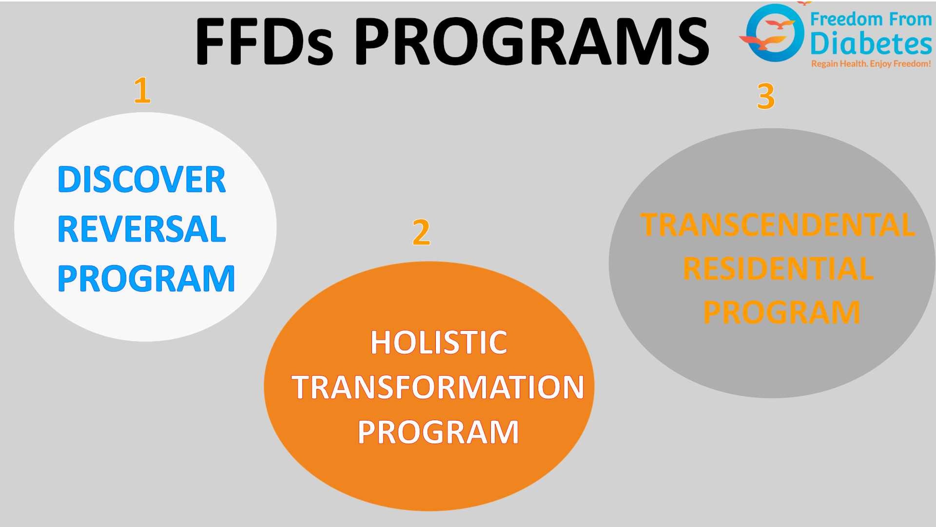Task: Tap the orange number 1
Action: click(x=142, y=90)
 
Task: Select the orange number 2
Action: click(x=421, y=232)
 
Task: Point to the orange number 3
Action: click(x=765, y=96)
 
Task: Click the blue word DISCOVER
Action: click(x=141, y=180)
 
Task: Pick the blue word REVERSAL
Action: click(x=141, y=229)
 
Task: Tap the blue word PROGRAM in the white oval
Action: click(x=146, y=279)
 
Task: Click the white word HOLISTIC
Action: click(x=439, y=343)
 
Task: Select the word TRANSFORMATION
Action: click(x=438, y=387)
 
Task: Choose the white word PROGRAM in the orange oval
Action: click(x=438, y=432)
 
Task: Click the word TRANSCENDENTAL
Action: click(x=778, y=225)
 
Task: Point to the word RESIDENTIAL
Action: click(x=778, y=269)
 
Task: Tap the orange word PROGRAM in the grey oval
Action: click(x=781, y=312)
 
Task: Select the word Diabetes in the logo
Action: click(x=871, y=44)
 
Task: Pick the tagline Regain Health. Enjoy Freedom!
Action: click(x=871, y=64)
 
